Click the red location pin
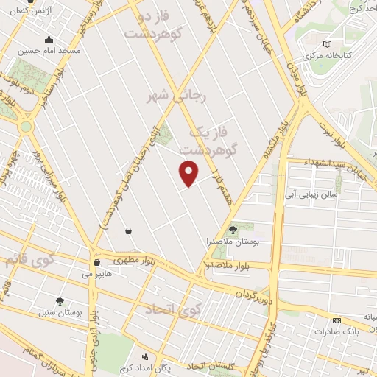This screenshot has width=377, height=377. [189, 172]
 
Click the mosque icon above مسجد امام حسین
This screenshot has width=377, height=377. [49, 40]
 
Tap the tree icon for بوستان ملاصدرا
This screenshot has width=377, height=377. [233, 230]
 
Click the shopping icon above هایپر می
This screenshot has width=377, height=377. [96, 262]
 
